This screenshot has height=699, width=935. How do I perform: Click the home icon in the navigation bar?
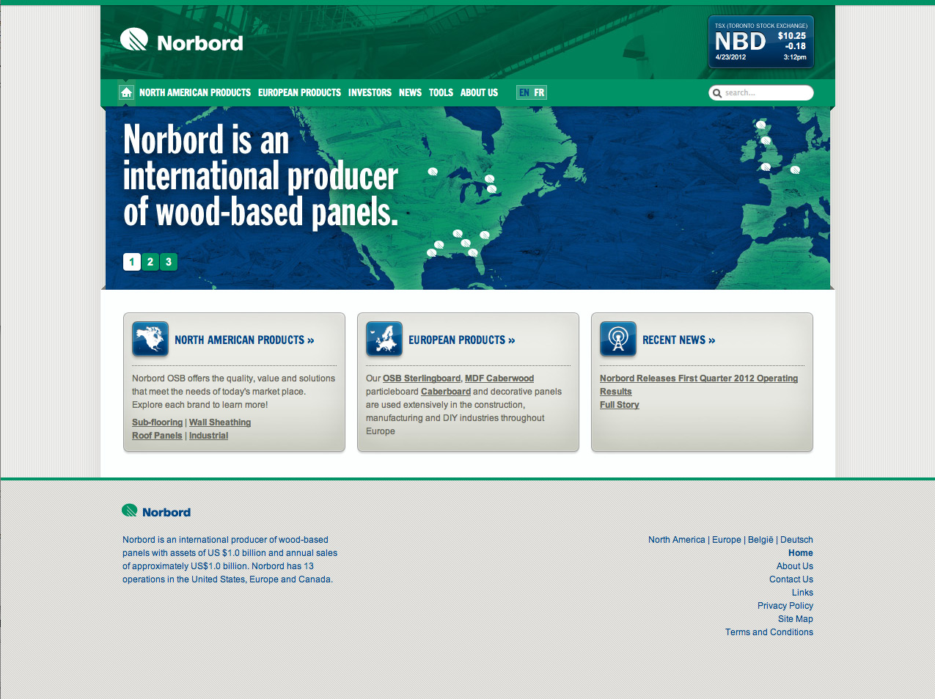pos(126,92)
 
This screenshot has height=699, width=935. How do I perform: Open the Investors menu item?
pos(370,92)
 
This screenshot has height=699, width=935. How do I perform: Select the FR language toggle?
pos(539,92)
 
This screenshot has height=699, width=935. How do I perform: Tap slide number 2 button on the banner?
pos(150,262)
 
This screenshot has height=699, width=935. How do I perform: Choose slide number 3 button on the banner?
pos(169,262)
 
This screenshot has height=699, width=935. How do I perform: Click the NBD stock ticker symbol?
pos(740,41)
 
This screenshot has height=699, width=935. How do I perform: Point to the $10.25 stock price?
pos(792,36)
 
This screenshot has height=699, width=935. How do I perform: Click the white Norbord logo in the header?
pos(182,41)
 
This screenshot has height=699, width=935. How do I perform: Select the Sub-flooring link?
pos(157,422)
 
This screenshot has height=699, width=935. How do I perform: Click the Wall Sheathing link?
pos(220,422)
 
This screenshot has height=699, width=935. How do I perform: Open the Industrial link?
pos(208,436)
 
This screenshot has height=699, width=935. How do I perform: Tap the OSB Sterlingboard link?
pos(421,378)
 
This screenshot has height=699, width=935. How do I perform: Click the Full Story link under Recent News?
pos(620,405)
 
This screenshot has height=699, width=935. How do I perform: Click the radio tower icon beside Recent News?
pos(617,339)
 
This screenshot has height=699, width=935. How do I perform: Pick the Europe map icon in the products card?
pos(384,339)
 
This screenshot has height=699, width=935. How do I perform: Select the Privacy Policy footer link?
pos(785,606)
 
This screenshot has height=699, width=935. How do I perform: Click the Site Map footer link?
pos(795,619)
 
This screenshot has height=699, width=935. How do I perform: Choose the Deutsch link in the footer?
pos(796,540)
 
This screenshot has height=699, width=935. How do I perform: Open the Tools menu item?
pos(441,92)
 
